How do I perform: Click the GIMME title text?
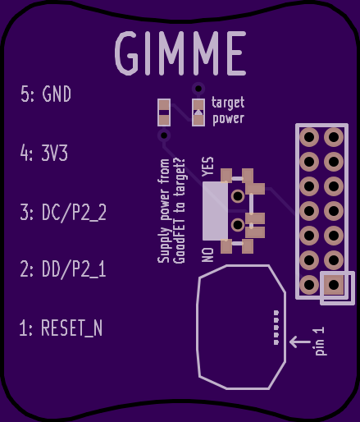click(180, 53)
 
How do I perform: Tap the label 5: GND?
click(46, 94)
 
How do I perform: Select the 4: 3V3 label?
click(44, 153)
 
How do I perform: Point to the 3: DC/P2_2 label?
click(63, 213)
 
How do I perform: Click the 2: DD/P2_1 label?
click(63, 269)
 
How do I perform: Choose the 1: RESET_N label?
click(61, 328)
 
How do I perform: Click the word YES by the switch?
click(207, 167)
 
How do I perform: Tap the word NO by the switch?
click(207, 255)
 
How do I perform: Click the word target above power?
click(228, 103)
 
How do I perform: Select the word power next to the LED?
click(228, 119)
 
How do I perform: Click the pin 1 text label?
click(320, 341)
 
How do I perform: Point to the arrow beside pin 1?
click(300, 342)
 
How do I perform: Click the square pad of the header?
click(334, 285)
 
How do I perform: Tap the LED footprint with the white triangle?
click(198, 112)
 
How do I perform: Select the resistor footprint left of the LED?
click(164, 112)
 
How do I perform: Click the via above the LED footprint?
click(198, 89)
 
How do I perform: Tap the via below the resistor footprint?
click(164, 135)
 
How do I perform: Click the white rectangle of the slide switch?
click(215, 211)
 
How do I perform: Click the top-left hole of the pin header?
click(309, 137)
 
